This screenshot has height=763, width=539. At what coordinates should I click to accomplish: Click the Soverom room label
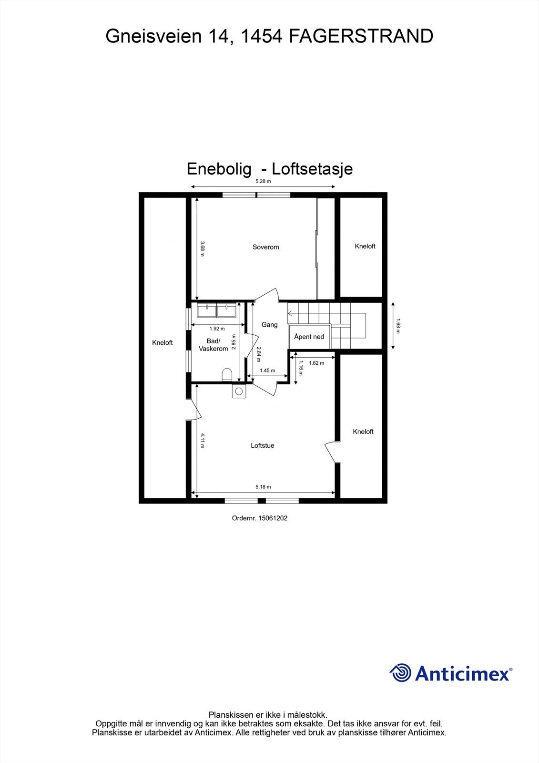[265, 247]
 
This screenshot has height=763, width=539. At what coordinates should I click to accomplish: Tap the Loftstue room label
[263, 445]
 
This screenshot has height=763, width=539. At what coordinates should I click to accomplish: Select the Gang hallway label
[269, 325]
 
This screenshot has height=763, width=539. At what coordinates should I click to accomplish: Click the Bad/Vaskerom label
[213, 345]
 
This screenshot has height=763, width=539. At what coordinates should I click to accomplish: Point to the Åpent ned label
[309, 337]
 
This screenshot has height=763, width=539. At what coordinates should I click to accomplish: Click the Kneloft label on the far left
[162, 342]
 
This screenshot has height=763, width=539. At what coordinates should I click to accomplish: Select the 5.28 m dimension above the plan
[263, 181]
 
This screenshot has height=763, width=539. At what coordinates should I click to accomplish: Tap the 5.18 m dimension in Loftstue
[263, 487]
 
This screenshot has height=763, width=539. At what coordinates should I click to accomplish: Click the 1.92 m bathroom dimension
[217, 329]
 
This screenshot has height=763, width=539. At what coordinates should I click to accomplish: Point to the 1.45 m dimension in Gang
[267, 371]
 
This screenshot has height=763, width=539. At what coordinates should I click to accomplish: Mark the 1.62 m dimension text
[316, 363]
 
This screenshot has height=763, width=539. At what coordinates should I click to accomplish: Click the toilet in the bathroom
[227, 374]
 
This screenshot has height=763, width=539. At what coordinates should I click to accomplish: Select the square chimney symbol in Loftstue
[238, 392]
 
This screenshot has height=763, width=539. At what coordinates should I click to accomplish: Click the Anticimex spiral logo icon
[400, 673]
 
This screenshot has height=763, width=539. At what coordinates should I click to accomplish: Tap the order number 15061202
[273, 518]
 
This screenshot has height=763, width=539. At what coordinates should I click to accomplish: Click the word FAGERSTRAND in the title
[361, 36]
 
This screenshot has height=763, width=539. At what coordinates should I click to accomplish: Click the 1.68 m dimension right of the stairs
[399, 326]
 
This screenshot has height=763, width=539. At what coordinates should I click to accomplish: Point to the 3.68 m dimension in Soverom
[202, 248]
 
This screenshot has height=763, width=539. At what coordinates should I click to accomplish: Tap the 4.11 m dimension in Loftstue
[202, 441]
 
